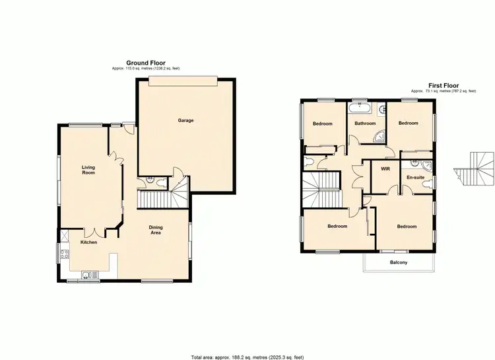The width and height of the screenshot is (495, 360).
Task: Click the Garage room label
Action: point(185,120)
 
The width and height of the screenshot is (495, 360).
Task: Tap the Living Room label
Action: point(88,170)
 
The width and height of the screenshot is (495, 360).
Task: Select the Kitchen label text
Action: point(88,242)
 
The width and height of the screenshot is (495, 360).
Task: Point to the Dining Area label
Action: point(156,230)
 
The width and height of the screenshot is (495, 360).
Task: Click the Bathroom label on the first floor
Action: point(365,124)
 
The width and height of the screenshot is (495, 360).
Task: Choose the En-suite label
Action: point(414,178)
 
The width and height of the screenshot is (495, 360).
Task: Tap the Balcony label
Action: point(399,263)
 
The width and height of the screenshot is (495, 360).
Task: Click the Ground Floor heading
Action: point(147,63)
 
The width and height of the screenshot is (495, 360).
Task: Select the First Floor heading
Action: point(444,86)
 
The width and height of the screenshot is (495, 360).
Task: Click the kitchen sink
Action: point(86,275)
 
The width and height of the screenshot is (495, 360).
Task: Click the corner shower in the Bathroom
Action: point(379,135)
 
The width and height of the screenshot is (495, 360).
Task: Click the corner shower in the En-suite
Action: point(426,165)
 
